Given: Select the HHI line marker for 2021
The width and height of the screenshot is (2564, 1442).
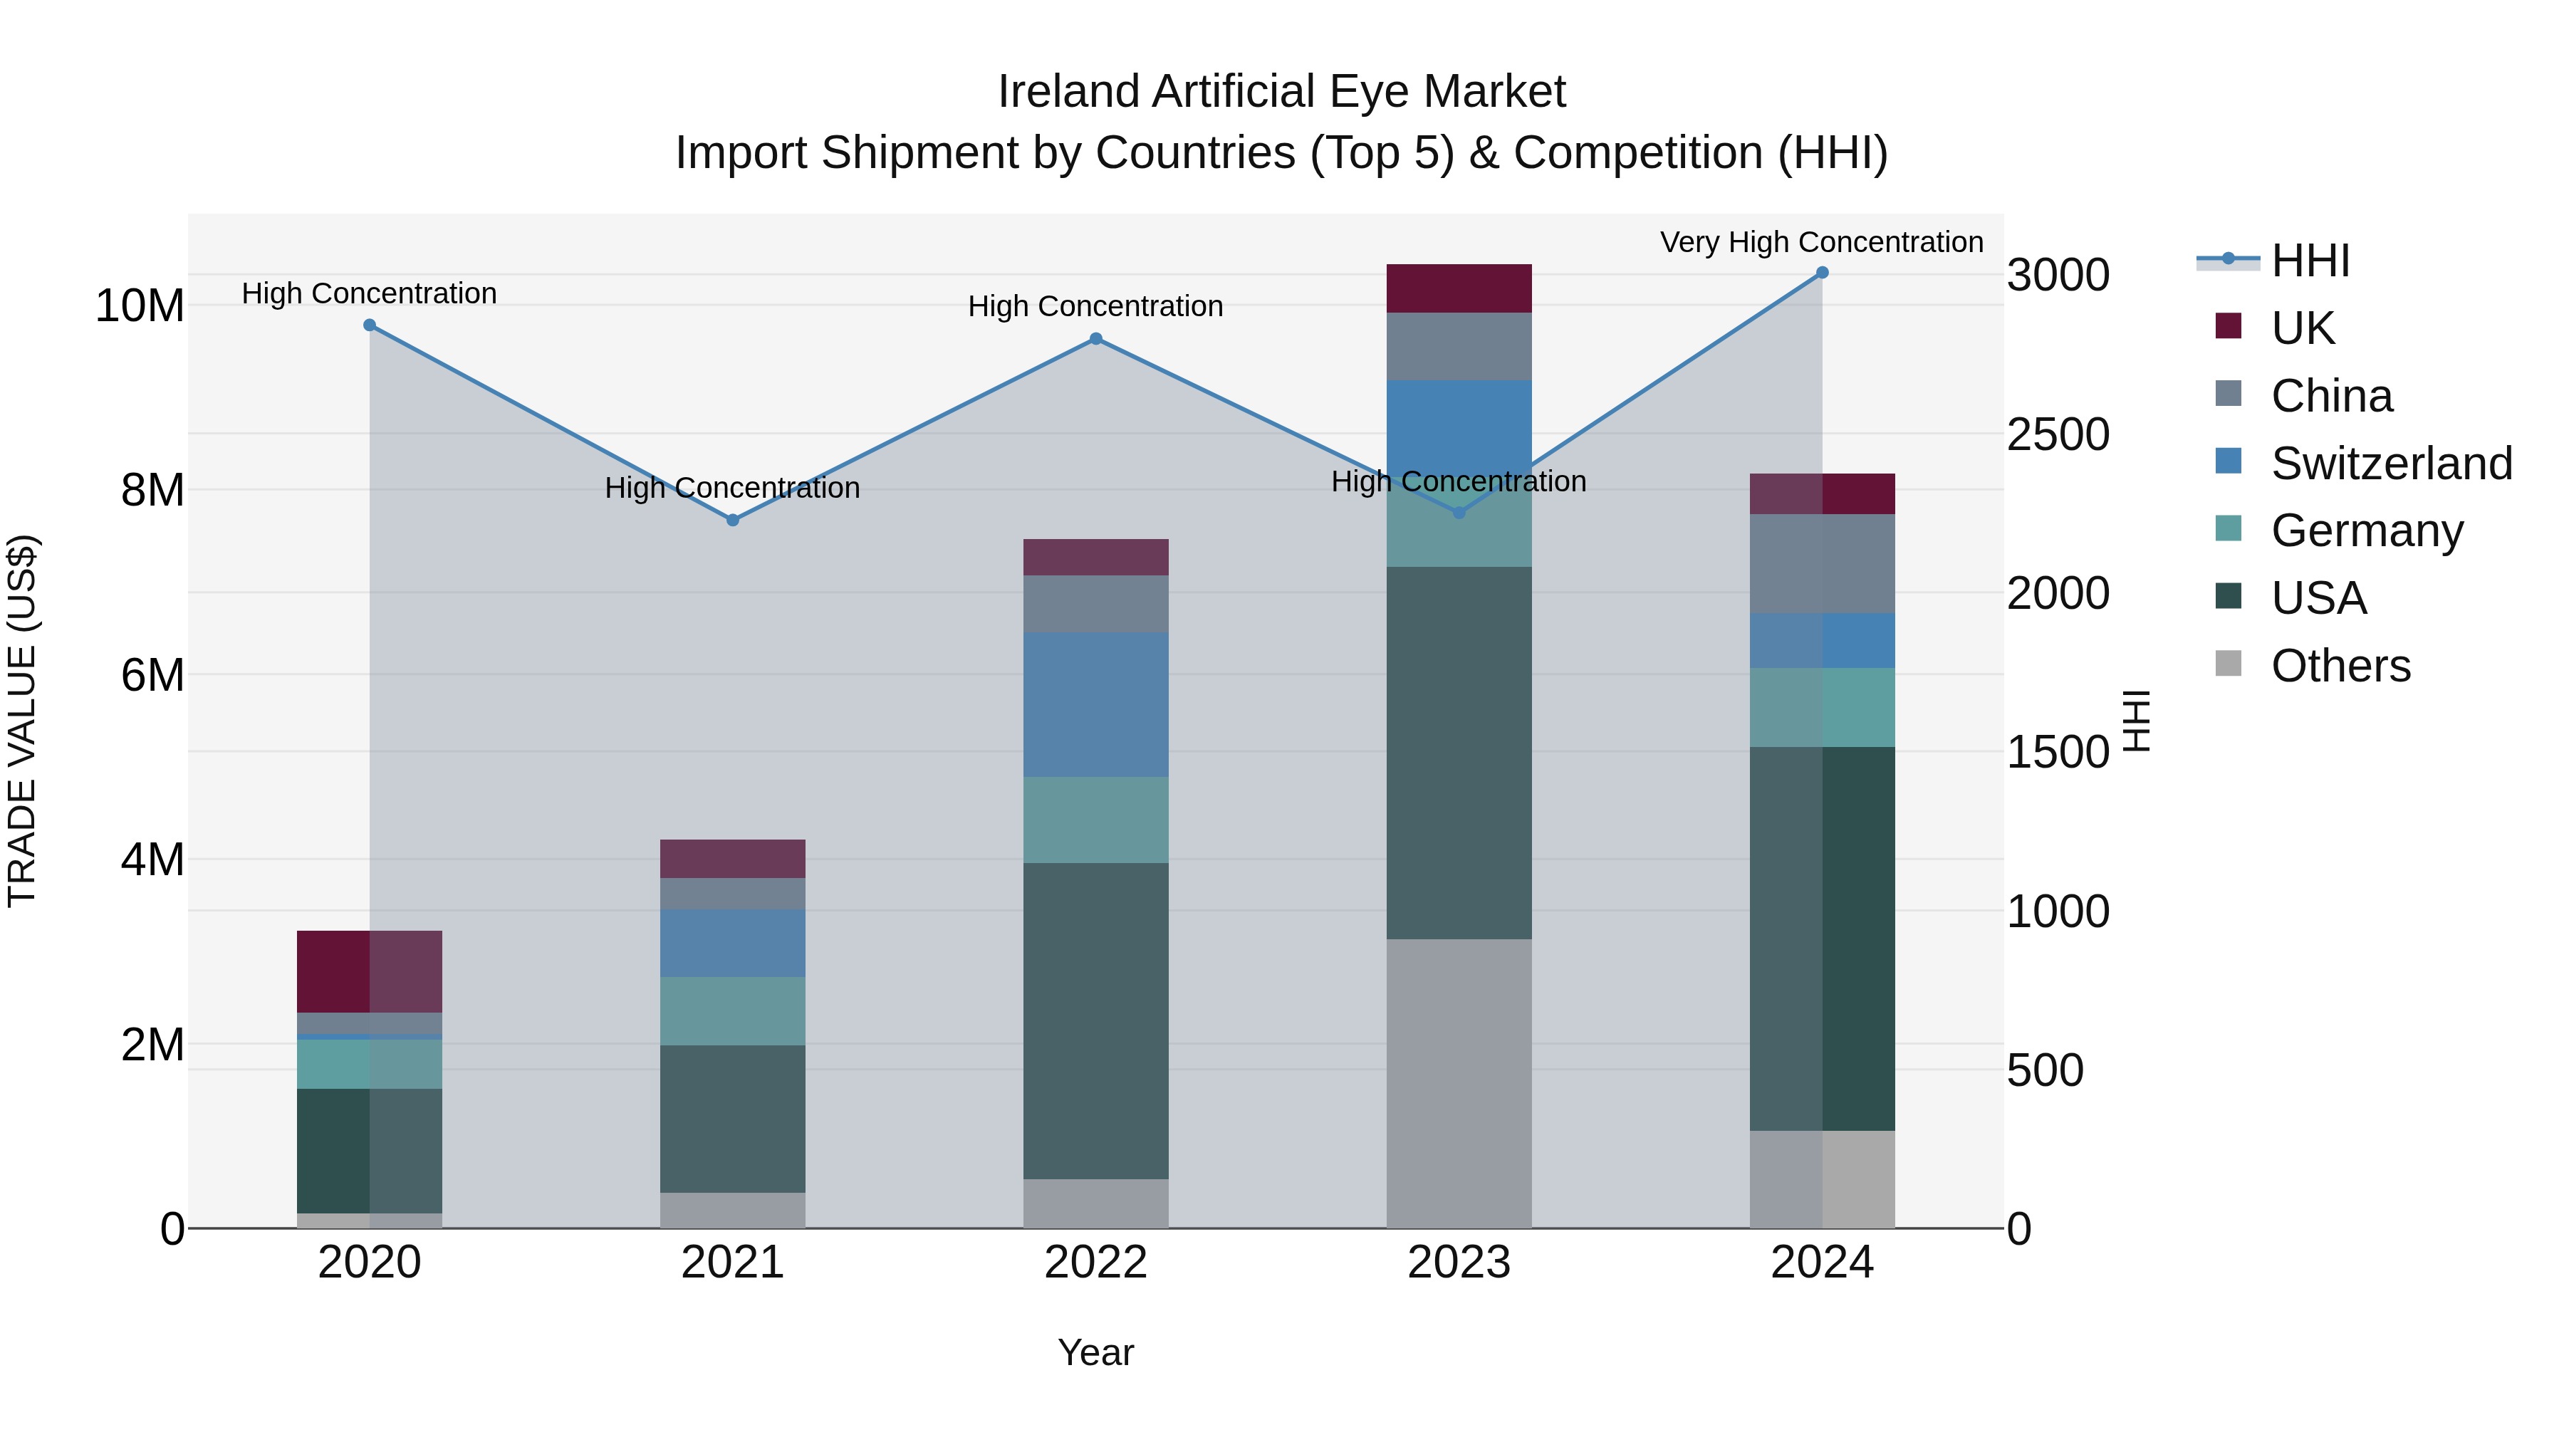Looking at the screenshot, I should click(x=733, y=521).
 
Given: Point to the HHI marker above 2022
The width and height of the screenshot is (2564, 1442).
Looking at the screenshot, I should click(x=1096, y=340).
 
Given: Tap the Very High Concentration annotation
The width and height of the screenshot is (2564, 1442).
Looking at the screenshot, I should click(x=1820, y=242).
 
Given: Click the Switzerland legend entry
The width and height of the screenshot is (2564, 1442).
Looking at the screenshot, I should click(x=2390, y=464).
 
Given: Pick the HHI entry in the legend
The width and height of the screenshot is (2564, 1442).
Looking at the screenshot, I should click(x=2309, y=261).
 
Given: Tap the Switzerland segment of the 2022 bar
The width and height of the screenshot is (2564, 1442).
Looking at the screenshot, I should click(x=1096, y=704).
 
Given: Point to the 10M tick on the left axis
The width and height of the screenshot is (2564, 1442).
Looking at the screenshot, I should click(x=140, y=305).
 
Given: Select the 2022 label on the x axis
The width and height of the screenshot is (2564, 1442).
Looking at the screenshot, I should click(x=1096, y=1263).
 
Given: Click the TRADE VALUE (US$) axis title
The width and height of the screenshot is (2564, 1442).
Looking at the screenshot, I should click(x=22, y=721).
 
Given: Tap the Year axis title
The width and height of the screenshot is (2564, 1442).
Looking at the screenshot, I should click(x=1096, y=1352).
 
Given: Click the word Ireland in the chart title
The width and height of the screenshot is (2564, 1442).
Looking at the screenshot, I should click(x=1069, y=92).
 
